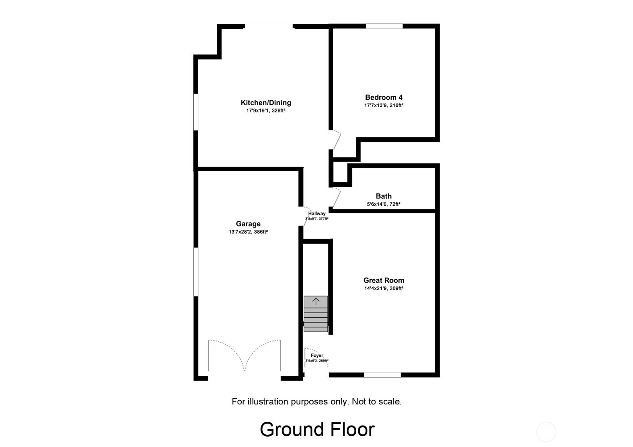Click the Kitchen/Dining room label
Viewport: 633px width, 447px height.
(x=266, y=102)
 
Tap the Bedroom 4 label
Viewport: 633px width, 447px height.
(x=384, y=97)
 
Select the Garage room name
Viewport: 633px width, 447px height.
(x=248, y=224)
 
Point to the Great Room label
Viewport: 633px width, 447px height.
(x=384, y=280)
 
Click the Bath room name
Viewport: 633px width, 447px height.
(x=384, y=196)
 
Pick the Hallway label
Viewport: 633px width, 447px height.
(x=317, y=213)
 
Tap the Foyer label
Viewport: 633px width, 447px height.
(x=317, y=356)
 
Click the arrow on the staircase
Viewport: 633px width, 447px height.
(x=316, y=302)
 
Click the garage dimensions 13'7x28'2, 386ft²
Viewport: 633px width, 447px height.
(x=248, y=232)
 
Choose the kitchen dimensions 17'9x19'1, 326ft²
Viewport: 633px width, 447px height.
(x=266, y=111)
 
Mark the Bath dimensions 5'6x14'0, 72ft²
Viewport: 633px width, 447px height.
(x=384, y=205)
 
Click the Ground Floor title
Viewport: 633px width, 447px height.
(x=317, y=429)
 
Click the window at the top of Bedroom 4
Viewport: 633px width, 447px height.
(x=384, y=26)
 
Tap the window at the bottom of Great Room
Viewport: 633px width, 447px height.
(x=382, y=374)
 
